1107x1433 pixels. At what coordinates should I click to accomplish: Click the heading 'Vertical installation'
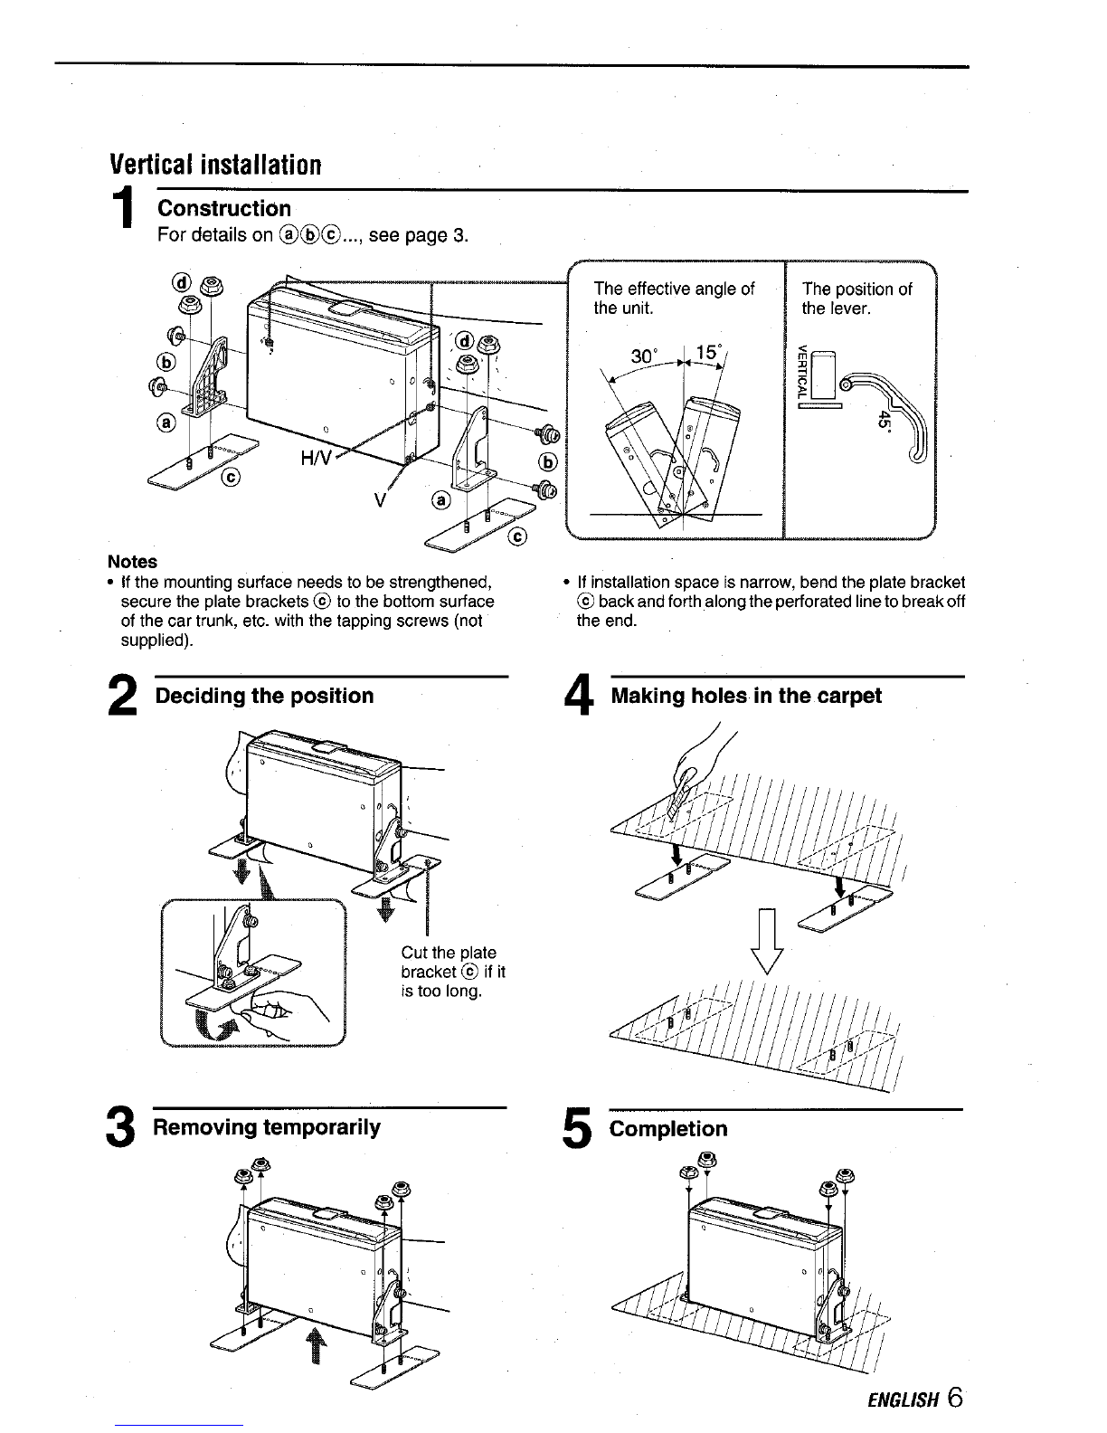point(215,165)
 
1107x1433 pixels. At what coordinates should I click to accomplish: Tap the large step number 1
point(123,207)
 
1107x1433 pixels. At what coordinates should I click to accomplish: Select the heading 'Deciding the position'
point(264,696)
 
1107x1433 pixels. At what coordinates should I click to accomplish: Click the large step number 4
point(579,695)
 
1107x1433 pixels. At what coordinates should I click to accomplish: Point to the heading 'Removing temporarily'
point(267,1127)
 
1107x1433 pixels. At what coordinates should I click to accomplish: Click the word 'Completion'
point(667,1128)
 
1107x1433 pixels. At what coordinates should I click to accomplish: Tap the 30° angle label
point(644,356)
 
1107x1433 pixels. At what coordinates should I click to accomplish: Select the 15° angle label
point(708,352)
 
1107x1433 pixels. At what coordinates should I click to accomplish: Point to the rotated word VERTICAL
point(801,374)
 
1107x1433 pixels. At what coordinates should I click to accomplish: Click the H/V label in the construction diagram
point(317,459)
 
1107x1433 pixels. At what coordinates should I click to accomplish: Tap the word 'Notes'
point(133,561)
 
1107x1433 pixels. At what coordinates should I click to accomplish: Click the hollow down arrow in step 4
point(768,941)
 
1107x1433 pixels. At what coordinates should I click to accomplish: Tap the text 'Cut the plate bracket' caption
point(453,972)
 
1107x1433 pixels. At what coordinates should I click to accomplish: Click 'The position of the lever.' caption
point(856,299)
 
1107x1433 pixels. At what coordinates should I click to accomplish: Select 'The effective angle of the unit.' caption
point(674,298)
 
